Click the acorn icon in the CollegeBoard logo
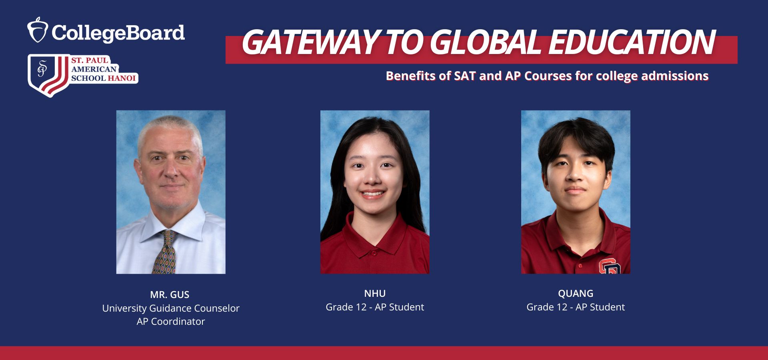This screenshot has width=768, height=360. click(38, 30)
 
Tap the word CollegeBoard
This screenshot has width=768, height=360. click(118, 33)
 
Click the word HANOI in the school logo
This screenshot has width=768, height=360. click(122, 78)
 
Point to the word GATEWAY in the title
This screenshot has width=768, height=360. click(310, 42)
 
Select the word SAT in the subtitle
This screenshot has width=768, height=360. click(465, 76)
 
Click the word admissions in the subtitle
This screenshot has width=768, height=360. click(675, 76)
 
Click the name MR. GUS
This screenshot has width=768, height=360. click(170, 295)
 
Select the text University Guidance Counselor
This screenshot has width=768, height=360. click(171, 308)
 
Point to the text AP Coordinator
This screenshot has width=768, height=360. click(171, 322)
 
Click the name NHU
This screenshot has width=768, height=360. click(375, 294)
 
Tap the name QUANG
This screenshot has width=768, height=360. click(576, 294)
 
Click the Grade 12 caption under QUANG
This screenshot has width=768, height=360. click(576, 307)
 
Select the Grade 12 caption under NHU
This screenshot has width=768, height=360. click(375, 307)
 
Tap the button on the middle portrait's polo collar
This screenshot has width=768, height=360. click(374, 253)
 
